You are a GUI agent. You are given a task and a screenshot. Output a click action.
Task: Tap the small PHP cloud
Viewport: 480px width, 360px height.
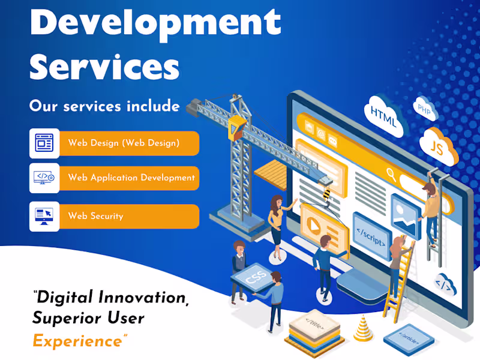[x=425, y=109]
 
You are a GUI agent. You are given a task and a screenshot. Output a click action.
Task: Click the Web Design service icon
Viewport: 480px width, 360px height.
[x=44, y=143]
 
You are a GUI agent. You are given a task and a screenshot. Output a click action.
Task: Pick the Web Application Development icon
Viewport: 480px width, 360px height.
[x=44, y=178]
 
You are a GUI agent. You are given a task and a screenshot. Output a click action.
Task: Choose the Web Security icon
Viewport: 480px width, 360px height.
[x=44, y=217]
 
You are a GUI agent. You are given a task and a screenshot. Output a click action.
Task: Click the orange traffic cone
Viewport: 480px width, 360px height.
[x=362, y=328]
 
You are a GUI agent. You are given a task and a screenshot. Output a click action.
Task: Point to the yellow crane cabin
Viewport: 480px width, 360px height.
[x=237, y=127]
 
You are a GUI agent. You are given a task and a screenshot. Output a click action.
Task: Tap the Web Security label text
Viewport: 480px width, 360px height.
[x=95, y=217]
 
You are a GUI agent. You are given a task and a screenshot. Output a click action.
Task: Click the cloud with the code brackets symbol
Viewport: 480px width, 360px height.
[x=446, y=283]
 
